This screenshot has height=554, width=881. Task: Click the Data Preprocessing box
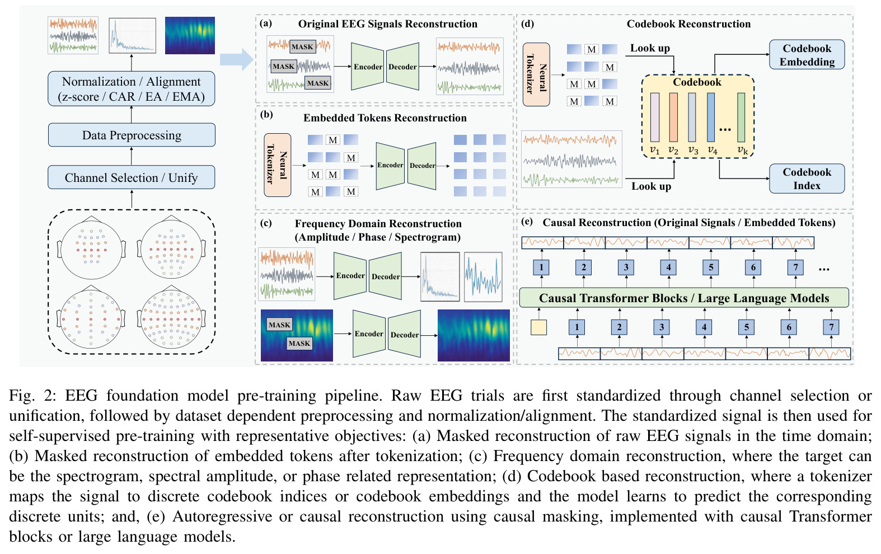point(132,135)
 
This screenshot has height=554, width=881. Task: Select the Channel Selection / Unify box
point(132,177)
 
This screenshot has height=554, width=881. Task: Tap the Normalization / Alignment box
point(132,88)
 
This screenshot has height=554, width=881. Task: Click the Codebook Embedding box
point(807,55)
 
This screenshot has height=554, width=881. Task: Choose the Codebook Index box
point(807,179)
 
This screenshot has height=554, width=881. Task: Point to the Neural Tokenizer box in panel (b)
point(277,165)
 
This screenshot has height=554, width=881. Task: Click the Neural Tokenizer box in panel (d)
point(536,74)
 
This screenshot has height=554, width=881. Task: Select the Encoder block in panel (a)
point(367,67)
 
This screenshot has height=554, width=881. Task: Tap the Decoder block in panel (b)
point(421,166)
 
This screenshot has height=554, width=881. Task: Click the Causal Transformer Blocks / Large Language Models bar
point(684,298)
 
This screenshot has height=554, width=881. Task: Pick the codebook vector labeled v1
point(655,117)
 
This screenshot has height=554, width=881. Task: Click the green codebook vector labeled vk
point(741,117)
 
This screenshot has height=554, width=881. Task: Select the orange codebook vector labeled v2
point(673,117)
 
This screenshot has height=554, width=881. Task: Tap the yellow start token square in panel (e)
point(538,327)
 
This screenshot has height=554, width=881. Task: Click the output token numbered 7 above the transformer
point(795,267)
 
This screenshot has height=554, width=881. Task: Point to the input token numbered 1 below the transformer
point(577,327)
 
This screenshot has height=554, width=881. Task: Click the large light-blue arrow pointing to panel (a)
point(236,59)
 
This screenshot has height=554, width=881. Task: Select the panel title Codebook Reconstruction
point(688,24)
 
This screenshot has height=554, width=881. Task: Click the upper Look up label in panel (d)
point(650,48)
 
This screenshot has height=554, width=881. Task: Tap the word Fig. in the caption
point(22,396)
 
